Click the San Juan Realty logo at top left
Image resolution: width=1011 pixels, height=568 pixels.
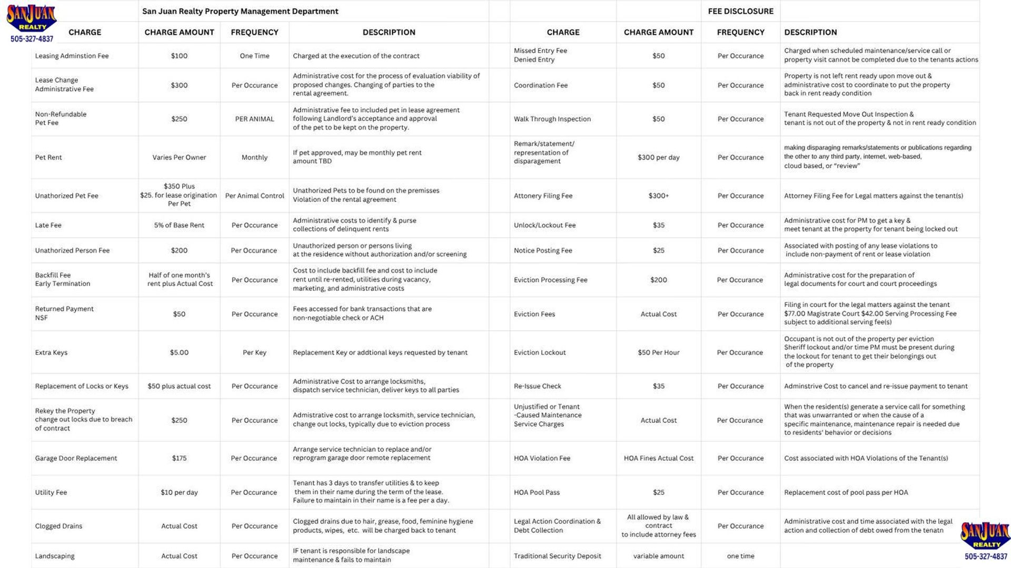coord(31,18)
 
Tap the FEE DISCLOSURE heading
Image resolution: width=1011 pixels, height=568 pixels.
coord(740,11)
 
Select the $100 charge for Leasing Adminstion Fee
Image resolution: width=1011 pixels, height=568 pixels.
coord(179,56)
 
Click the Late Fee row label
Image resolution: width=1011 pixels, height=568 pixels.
coord(48,225)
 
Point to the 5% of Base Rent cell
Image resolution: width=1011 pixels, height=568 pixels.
coord(179,225)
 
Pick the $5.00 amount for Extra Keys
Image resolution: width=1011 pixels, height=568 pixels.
coord(179,353)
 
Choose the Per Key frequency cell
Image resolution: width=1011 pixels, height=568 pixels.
coord(254,353)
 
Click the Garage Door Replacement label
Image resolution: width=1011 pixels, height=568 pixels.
coord(76,459)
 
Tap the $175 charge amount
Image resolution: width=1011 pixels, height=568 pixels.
coord(179,459)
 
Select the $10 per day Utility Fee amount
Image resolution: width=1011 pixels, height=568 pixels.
coord(179,493)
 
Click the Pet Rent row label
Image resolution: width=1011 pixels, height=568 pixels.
coord(48,157)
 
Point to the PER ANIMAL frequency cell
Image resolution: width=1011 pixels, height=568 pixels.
coord(254,119)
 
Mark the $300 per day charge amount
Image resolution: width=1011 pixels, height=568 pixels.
coord(658,157)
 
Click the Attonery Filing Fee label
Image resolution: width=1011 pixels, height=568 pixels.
coord(543,196)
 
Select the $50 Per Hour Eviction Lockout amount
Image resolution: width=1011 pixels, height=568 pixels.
coord(658,353)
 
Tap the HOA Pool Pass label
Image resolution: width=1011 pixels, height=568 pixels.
coord(537,493)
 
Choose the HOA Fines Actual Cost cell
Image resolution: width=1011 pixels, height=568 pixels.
coord(658,459)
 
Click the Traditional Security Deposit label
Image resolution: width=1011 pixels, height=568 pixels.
coord(557,556)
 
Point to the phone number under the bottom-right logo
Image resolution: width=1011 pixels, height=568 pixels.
coord(985,556)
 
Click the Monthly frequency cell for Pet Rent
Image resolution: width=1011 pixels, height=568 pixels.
coord(254,157)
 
